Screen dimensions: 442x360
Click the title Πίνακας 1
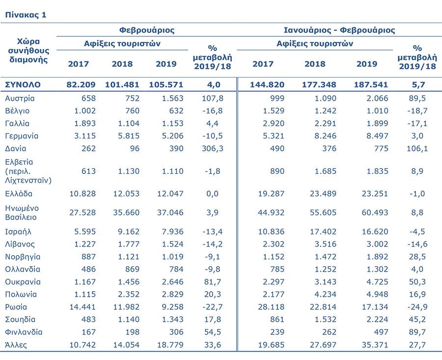coord(26,15)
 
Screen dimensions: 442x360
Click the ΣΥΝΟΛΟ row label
coord(23,84)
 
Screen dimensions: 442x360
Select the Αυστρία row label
coord(20,98)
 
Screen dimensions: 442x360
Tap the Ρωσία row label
coord(16,307)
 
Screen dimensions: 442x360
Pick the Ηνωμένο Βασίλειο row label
coord(22,213)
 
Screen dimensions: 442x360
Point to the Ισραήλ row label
coord(18,232)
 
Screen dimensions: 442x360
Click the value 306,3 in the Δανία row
coord(213,148)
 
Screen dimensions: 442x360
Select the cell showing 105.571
coord(166,84)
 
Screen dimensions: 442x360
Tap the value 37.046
coord(170,213)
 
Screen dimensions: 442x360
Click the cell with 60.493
coord(375,213)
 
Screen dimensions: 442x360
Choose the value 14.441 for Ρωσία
coord(83,307)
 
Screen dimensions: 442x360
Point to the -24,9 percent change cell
coord(417,307)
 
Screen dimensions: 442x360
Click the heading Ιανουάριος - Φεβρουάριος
coord(339,30)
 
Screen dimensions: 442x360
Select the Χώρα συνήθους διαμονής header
coord(28,51)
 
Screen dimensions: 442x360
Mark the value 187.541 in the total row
coord(371,84)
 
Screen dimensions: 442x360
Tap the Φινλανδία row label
coord(24,332)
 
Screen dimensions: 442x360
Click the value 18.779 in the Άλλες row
coord(170,345)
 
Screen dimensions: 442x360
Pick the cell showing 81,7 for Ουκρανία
coord(213,281)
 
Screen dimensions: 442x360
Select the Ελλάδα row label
coord(19,194)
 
